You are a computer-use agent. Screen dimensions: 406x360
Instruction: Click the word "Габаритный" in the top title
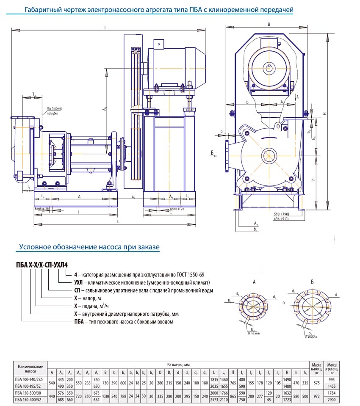coord(42,10)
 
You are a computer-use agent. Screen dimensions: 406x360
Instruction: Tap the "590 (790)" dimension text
coord(281,215)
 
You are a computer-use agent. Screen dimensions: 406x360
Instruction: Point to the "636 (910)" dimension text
coord(281,219)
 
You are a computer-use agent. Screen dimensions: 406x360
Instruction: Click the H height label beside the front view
coord(324,113)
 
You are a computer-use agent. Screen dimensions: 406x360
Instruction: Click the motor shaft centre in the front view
coord(269,67)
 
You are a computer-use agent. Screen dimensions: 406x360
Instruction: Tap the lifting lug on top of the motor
coord(159,44)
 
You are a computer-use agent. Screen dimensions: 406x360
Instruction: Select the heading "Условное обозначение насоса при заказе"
coord(89,246)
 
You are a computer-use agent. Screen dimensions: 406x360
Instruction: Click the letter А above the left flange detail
coord(254,282)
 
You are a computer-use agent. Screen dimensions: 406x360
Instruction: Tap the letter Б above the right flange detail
coord(312,282)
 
